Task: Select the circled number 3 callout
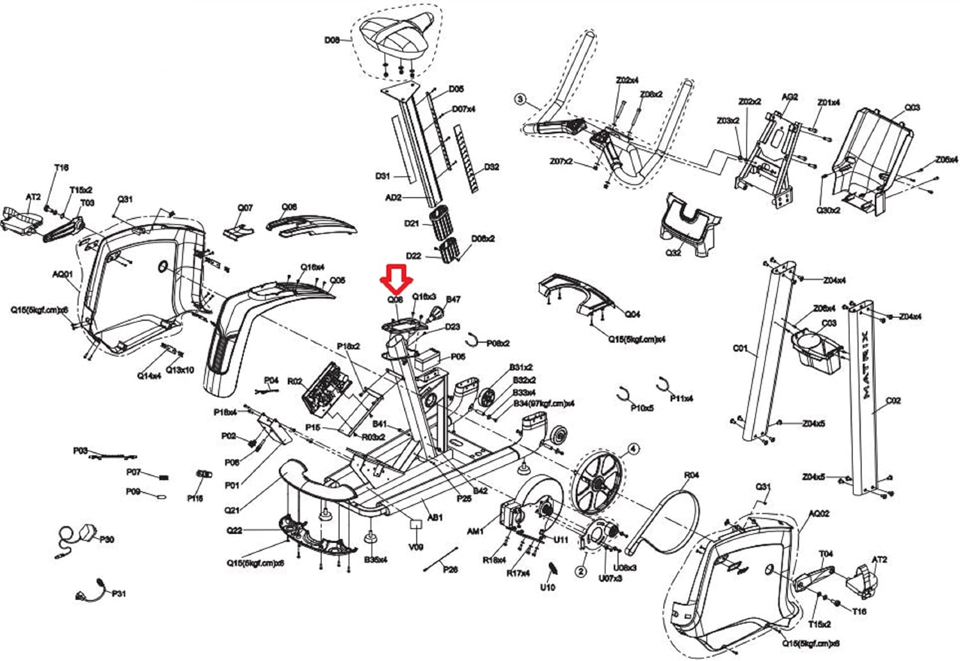point(520,99)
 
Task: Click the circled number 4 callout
point(633,449)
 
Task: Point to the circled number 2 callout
point(581,571)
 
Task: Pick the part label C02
point(893,401)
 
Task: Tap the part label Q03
point(912,107)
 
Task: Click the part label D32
point(491,167)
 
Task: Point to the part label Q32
point(673,253)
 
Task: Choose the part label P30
point(107,539)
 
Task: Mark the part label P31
point(119,594)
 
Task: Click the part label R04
point(691,475)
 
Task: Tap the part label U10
point(547,587)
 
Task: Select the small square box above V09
point(416,524)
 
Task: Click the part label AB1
point(435,517)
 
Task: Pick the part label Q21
point(232,510)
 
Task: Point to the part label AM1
point(475,531)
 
